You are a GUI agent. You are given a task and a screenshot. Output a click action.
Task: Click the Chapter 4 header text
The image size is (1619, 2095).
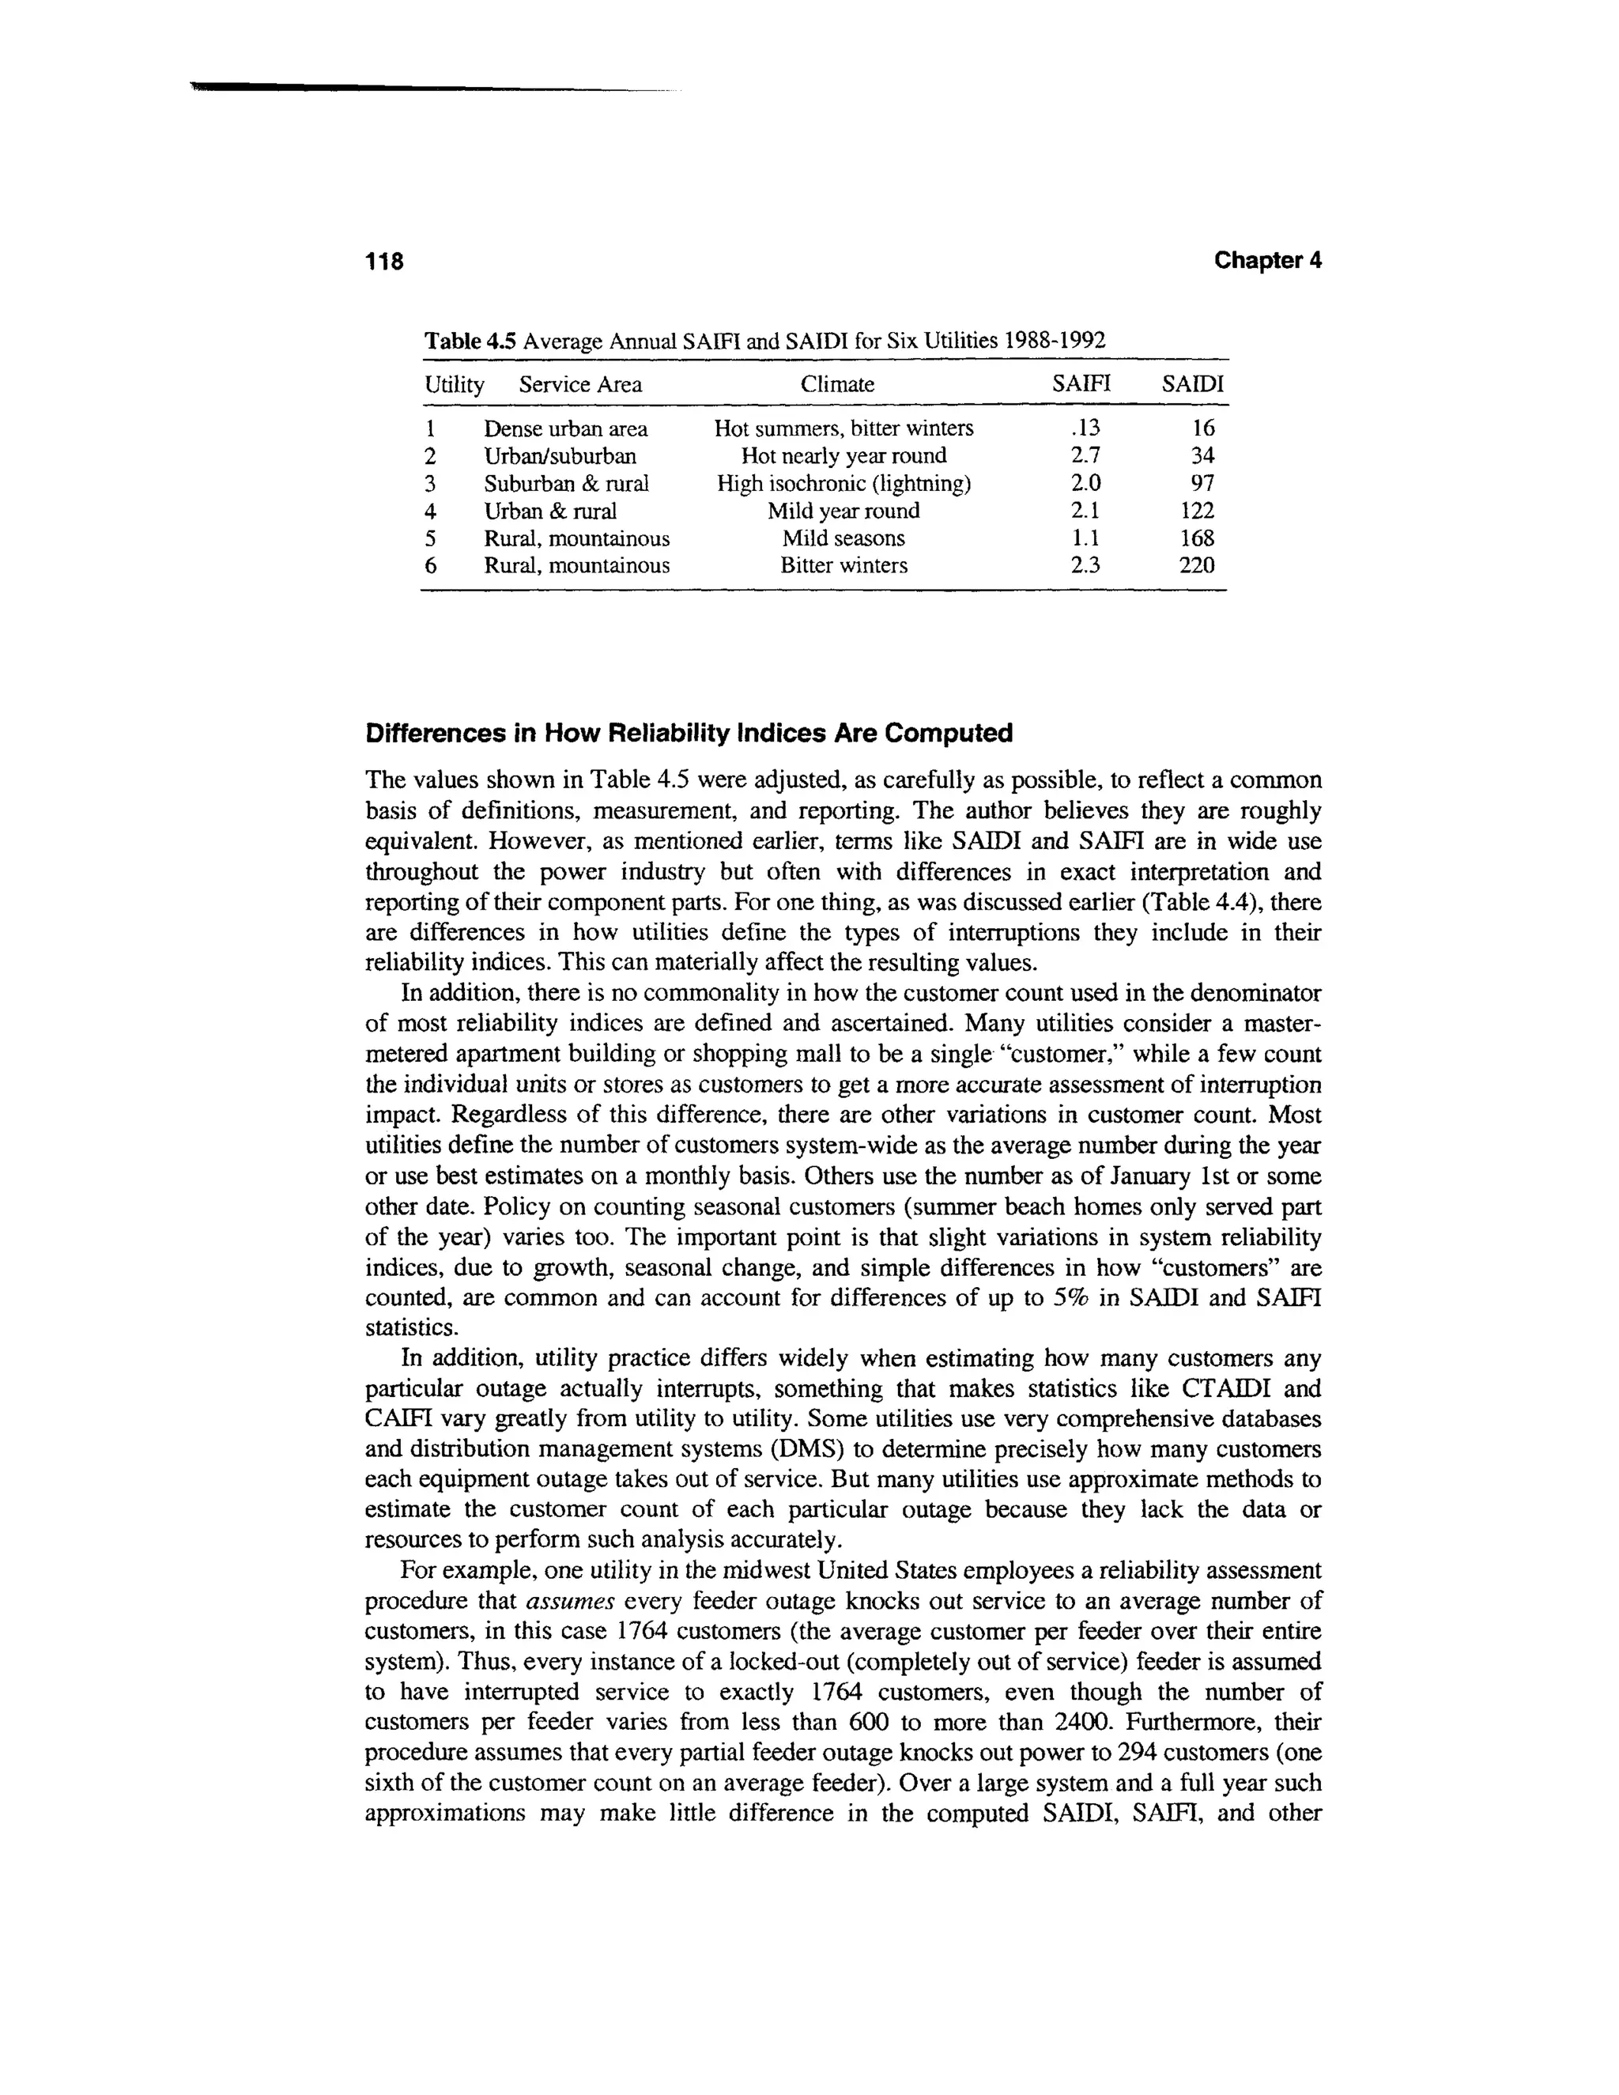[1267, 260]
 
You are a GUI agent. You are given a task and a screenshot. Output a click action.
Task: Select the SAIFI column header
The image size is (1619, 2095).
[1080, 385]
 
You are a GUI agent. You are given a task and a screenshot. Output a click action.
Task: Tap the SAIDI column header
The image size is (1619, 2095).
[1193, 385]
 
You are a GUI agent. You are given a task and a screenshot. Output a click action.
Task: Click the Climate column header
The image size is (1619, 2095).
[837, 385]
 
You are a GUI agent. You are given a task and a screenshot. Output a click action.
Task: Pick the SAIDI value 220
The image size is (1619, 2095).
[1196, 566]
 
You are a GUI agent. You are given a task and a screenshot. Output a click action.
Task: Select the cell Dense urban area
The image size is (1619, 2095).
[565, 428]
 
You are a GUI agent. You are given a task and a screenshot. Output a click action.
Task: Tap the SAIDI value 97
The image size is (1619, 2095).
[1202, 484]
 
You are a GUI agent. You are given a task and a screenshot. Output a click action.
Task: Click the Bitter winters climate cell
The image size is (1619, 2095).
[843, 566]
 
